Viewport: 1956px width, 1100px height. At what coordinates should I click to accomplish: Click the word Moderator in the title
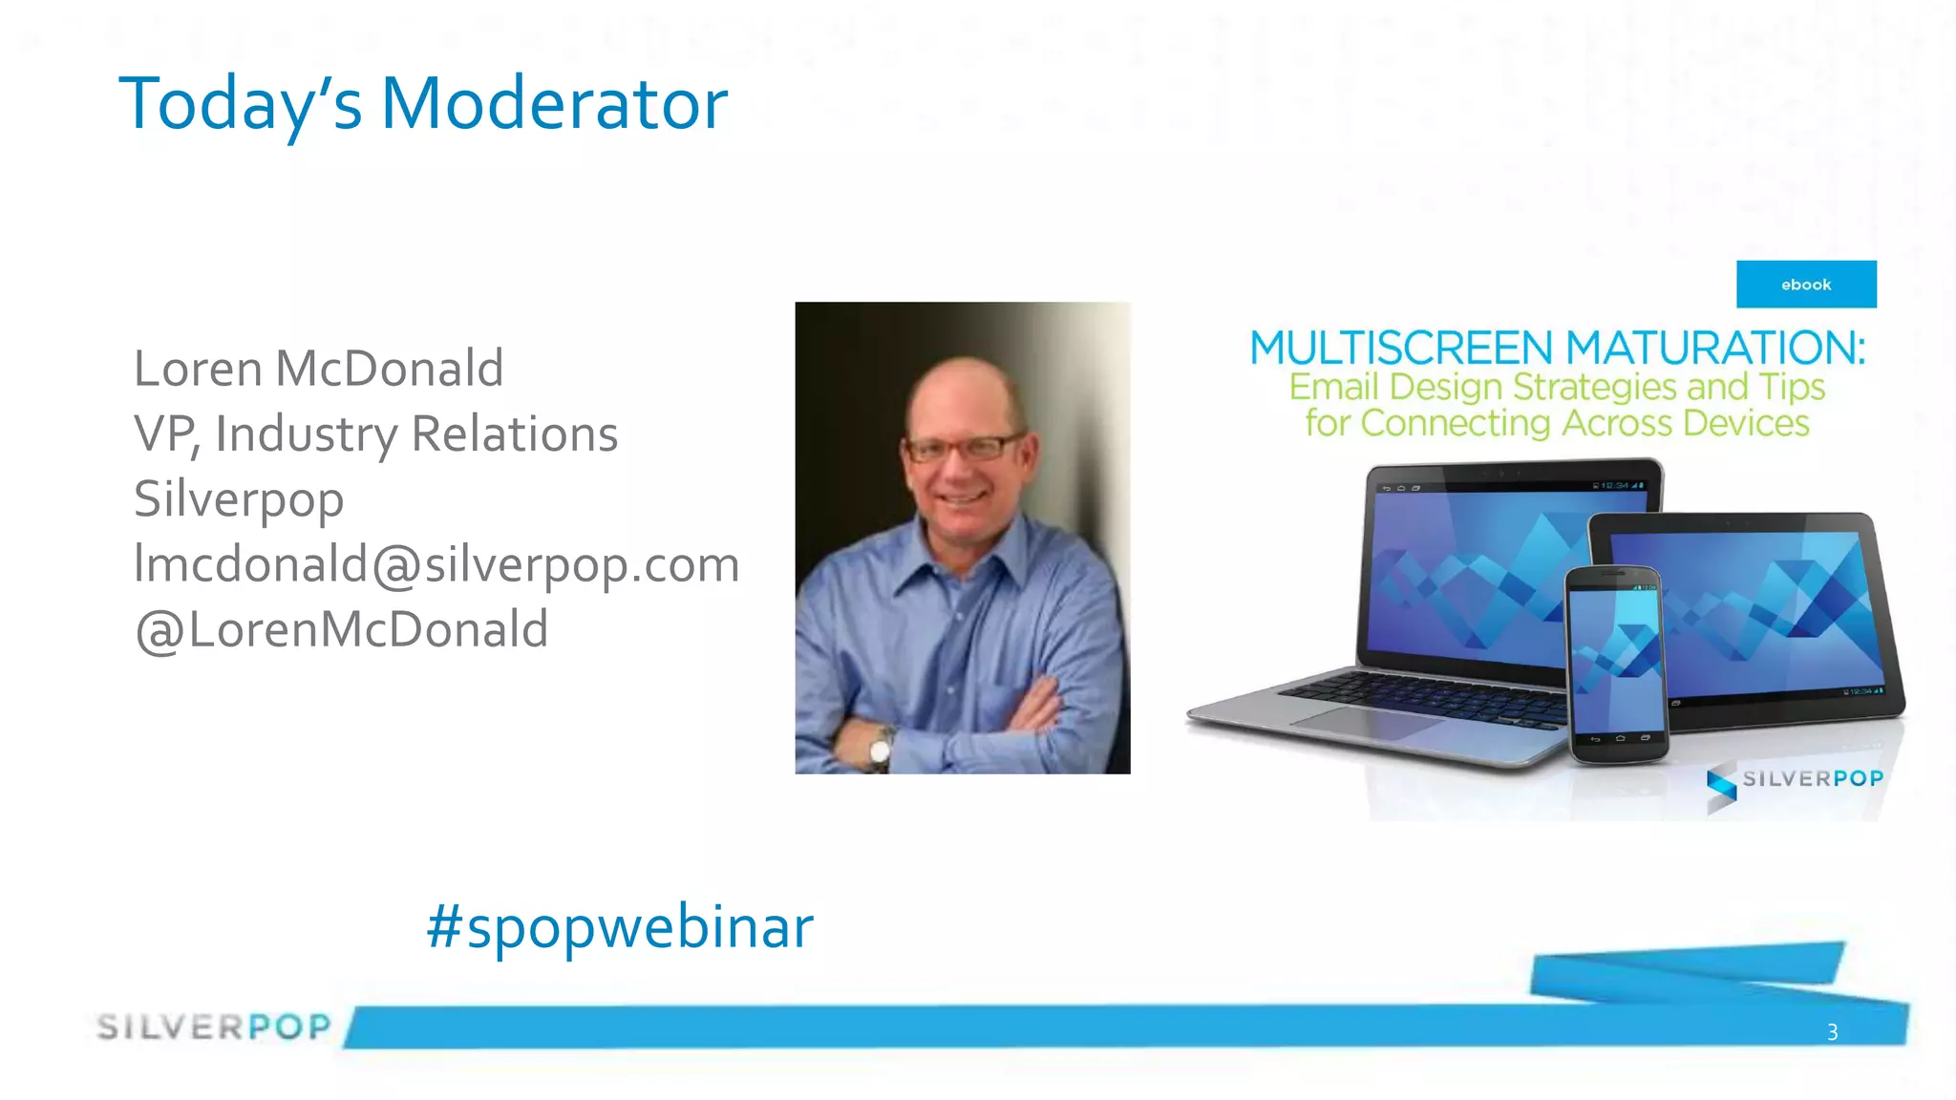click(x=554, y=103)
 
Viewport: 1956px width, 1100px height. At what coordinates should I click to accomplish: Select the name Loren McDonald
click(x=318, y=369)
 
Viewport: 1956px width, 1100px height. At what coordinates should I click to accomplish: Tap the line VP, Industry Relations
click(x=375, y=434)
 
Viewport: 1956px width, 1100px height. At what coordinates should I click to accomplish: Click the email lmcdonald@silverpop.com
click(x=436, y=563)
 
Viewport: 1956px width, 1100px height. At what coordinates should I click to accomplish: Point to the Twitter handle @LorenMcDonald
click(x=341, y=629)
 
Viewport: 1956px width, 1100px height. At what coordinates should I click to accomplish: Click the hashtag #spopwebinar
click(x=620, y=926)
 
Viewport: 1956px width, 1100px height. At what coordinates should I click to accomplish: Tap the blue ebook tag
click(x=1805, y=285)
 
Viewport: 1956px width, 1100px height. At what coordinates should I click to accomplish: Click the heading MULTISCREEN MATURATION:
click(x=1557, y=348)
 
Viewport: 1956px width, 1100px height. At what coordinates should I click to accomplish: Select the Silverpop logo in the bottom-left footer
click(x=214, y=1026)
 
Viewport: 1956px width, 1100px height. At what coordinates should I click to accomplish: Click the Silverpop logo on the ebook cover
click(x=1796, y=781)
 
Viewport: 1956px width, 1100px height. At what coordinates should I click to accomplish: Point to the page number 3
click(x=1832, y=1031)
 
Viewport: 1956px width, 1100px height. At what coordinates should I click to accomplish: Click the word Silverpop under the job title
click(x=239, y=499)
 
